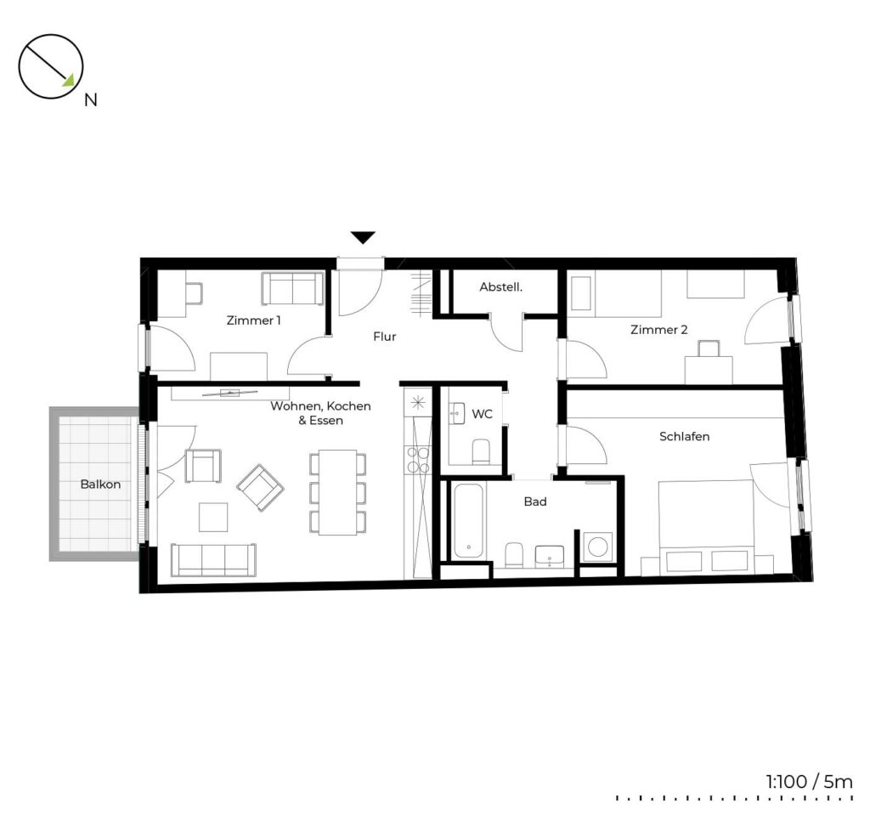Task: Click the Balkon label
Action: [100, 484]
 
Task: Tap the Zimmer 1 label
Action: [253, 320]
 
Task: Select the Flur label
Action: [385, 337]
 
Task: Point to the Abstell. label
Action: [501, 287]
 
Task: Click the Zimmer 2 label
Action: [658, 330]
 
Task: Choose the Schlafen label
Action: [684, 436]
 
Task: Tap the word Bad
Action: [535, 501]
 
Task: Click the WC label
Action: [482, 414]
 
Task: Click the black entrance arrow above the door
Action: [364, 238]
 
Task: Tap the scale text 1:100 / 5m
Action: [810, 782]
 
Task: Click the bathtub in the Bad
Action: [469, 521]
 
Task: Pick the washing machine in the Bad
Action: [597, 547]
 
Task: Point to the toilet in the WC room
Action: [481, 452]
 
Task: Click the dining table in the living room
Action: [338, 492]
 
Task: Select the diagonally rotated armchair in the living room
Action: [261, 488]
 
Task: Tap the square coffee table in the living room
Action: [213, 518]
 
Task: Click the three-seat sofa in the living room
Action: [213, 559]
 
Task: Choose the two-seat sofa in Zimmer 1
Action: [293, 288]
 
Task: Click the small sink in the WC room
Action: [456, 414]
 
